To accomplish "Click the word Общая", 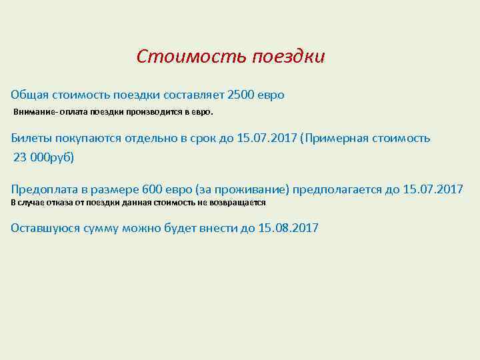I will click(28, 95).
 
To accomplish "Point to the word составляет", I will click(191, 95).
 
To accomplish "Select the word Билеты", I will click(31, 138).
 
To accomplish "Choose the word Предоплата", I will click(45, 189).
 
